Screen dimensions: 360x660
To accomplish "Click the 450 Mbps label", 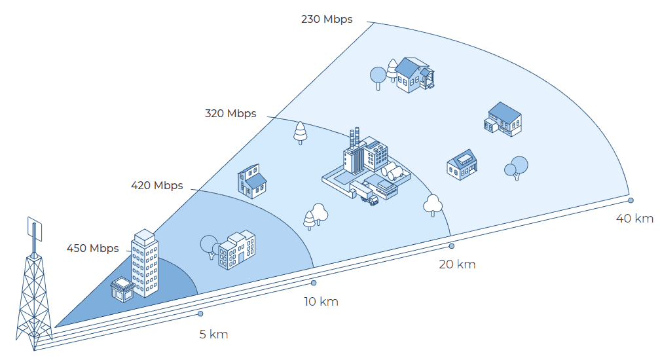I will point(92,249).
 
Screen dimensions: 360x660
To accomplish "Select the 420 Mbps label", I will point(157,186).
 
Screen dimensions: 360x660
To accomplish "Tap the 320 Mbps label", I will point(230,114).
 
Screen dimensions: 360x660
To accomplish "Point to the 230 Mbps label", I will point(327,20).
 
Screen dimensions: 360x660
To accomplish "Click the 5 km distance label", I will point(213,334).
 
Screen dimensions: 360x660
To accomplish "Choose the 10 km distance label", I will point(321,302).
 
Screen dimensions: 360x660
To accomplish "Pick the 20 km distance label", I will point(457,264).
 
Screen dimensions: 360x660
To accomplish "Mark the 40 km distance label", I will point(634,219).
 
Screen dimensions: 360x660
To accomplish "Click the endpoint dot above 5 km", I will point(201,314).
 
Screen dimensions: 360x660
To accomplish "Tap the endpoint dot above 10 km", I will point(314,283).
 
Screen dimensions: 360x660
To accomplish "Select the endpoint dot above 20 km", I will point(451,245).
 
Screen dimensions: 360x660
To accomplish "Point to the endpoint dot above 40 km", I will point(631,200).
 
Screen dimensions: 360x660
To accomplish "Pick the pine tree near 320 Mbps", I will point(300,132).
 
